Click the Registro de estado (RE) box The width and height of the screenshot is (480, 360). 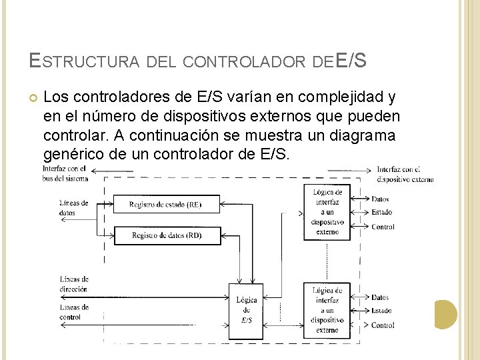[166, 204]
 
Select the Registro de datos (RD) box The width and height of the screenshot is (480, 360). [166, 235]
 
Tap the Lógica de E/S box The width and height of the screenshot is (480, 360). [247, 310]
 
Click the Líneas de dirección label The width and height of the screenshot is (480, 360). [74, 284]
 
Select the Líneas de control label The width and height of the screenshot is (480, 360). [74, 312]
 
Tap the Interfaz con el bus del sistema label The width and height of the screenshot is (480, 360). [63, 173]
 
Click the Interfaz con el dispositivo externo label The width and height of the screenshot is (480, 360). [405, 173]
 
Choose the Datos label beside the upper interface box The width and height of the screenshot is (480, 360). [380, 199]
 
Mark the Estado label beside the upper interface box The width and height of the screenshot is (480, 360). [381, 213]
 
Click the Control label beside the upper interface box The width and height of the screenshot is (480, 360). [383, 227]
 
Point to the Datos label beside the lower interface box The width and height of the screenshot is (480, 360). [380, 297]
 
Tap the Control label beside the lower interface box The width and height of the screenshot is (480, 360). [383, 325]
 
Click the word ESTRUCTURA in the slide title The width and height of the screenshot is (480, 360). [84, 62]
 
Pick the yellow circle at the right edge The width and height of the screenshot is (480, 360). [445, 314]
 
